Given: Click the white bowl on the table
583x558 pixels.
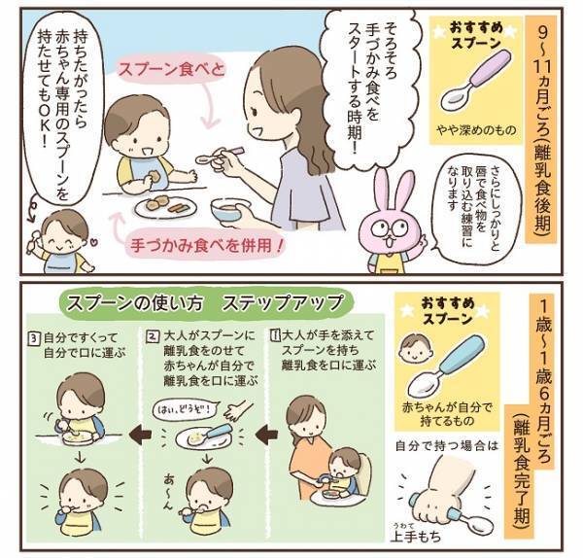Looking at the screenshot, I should pos(230,211).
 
